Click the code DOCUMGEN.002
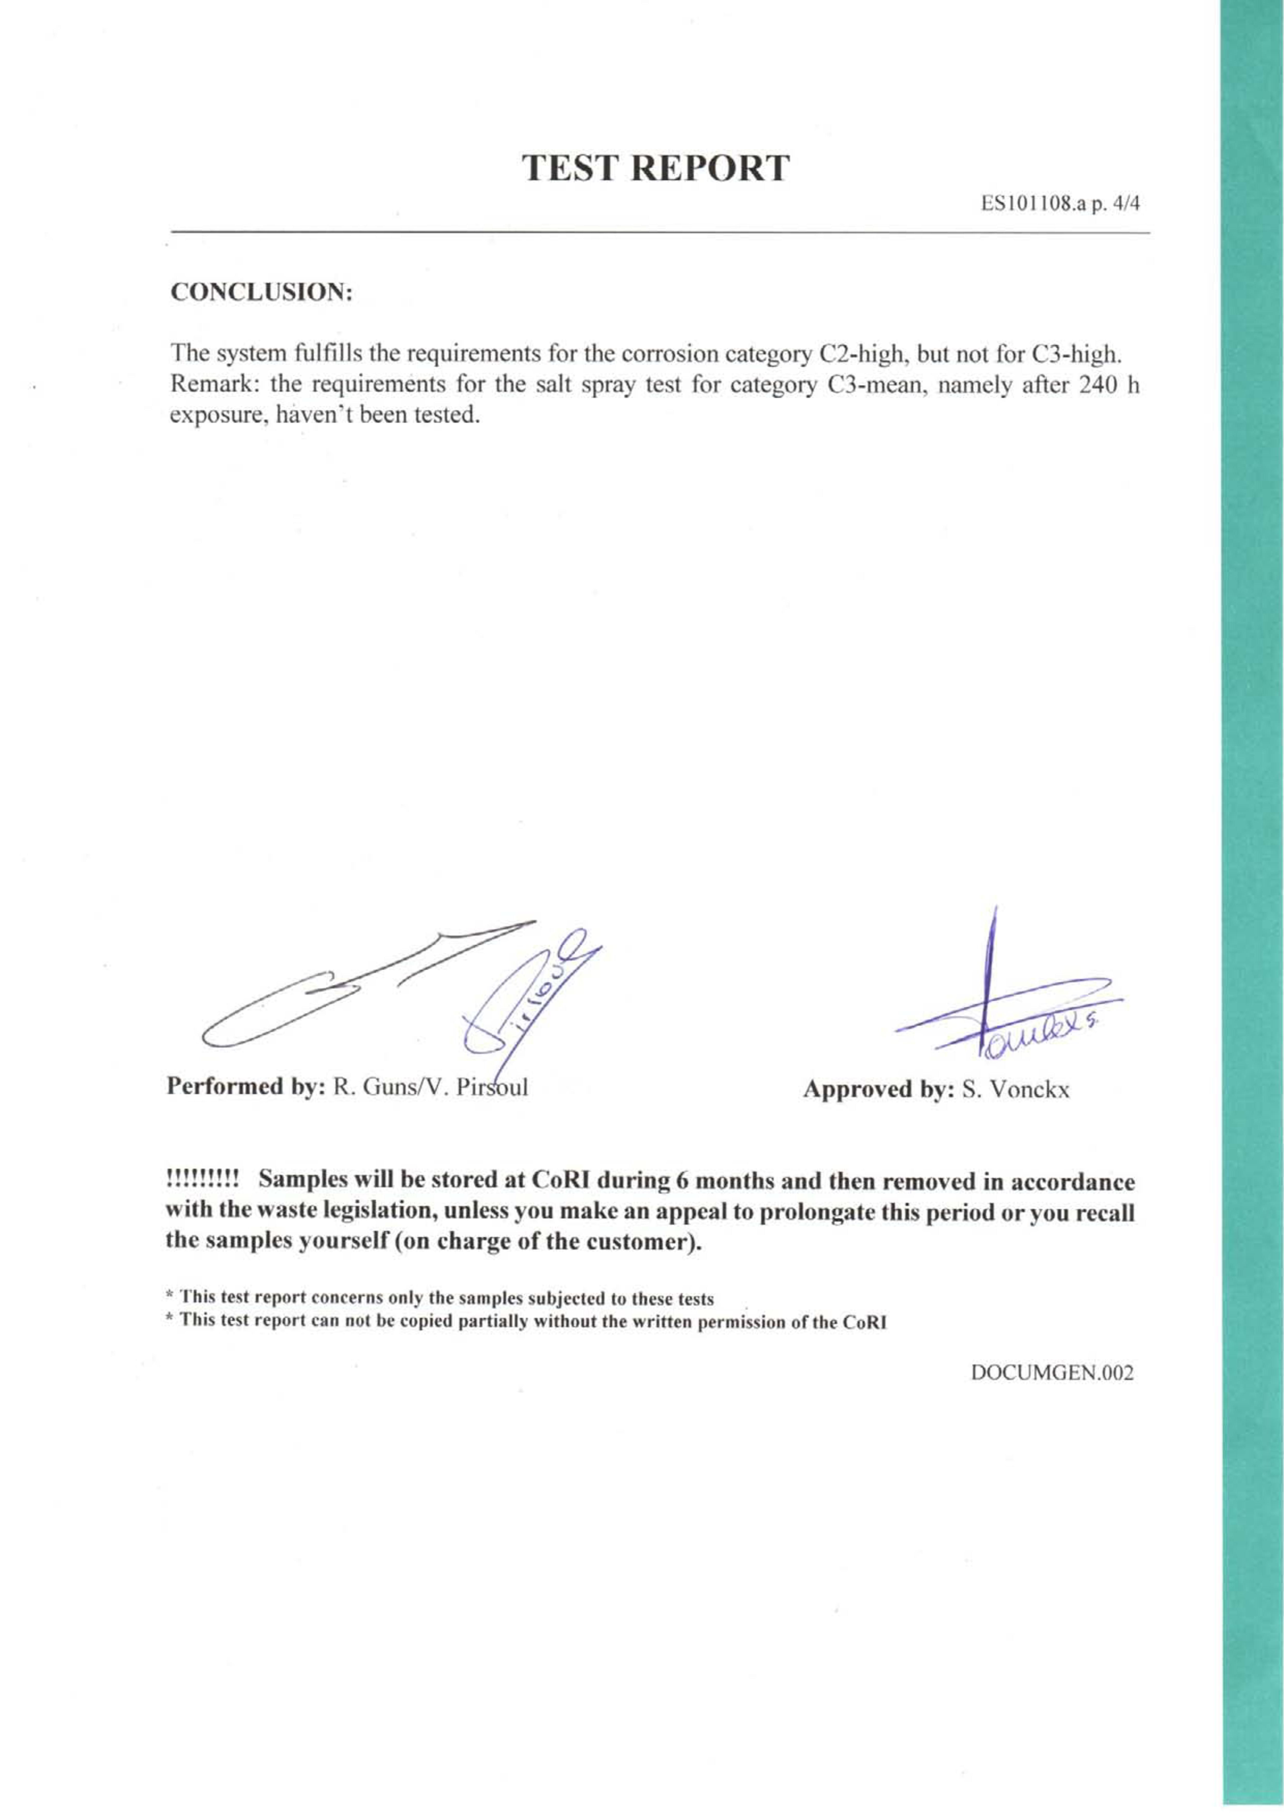(x=1051, y=1372)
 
